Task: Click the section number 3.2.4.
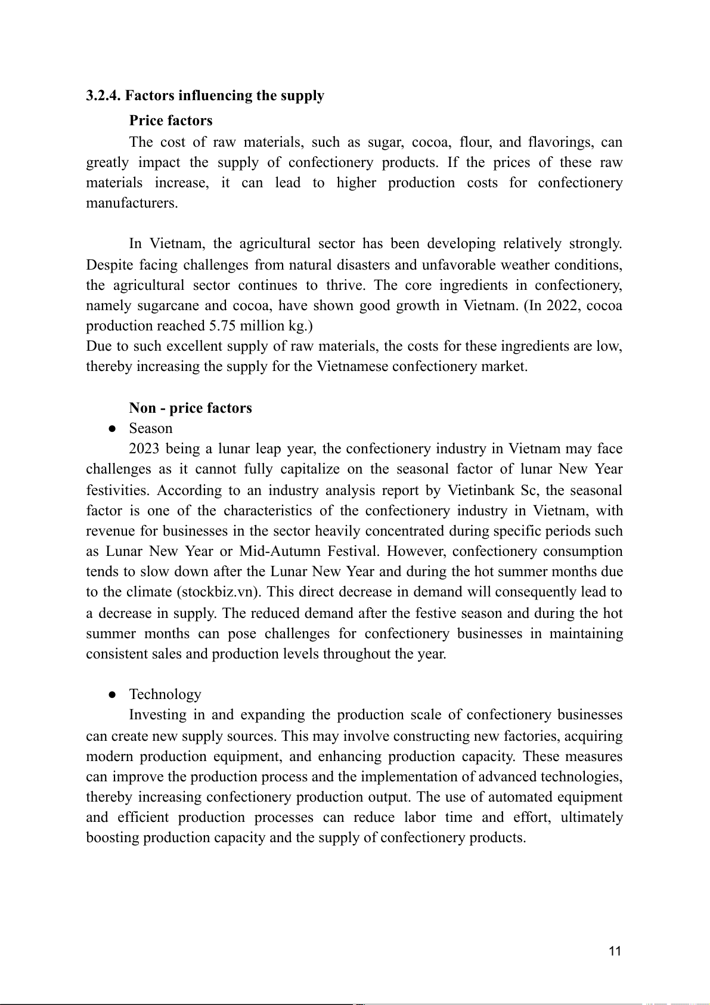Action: [104, 96]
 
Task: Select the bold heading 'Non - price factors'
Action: [190, 408]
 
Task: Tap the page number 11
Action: [615, 951]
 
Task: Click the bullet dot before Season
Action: [111, 429]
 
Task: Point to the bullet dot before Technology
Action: [111, 695]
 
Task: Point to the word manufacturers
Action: [132, 203]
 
